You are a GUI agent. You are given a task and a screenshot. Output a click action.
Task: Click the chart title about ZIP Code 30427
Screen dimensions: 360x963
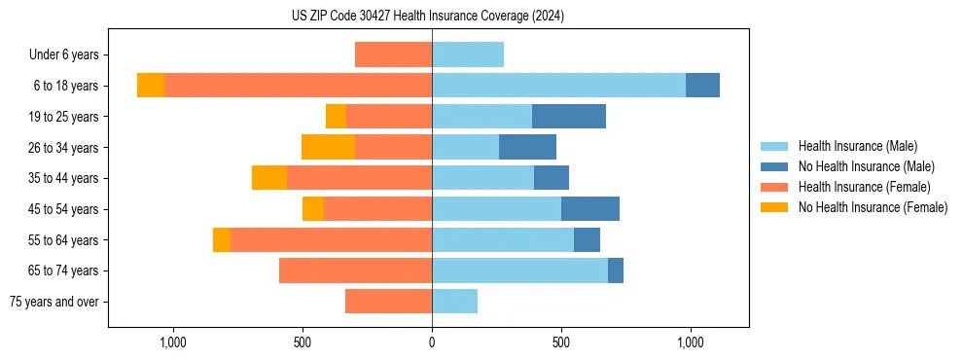428,17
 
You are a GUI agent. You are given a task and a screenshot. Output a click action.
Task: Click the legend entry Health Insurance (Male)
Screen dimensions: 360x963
857,146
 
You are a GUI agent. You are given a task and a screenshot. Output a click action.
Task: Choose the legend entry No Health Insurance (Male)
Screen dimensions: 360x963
866,166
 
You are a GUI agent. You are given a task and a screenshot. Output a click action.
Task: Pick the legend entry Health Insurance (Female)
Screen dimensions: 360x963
864,187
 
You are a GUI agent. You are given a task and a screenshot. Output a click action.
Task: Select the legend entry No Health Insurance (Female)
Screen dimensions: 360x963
873,207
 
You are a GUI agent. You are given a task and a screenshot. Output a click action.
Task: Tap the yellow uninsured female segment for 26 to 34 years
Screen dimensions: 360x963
328,147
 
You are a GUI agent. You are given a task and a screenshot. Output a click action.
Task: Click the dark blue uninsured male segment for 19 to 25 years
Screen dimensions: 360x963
569,117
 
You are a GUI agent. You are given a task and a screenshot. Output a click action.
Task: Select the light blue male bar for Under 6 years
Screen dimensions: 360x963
468,54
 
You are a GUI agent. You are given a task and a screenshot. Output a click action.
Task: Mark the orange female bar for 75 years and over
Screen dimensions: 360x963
388,302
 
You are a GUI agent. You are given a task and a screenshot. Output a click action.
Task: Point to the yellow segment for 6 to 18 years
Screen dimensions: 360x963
151,86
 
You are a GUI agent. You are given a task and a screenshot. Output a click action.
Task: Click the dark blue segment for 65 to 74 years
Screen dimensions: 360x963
616,270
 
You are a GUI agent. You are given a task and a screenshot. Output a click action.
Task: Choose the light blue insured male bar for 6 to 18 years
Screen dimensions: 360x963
558,86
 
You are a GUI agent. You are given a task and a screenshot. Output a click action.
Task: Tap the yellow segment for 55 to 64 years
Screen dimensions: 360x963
222,240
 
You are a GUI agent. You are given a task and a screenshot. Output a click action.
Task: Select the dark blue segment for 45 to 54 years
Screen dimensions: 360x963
590,209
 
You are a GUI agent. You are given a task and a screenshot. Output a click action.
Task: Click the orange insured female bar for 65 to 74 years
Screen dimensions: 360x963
355,270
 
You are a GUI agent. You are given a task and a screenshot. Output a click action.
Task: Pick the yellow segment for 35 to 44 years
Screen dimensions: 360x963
269,178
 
